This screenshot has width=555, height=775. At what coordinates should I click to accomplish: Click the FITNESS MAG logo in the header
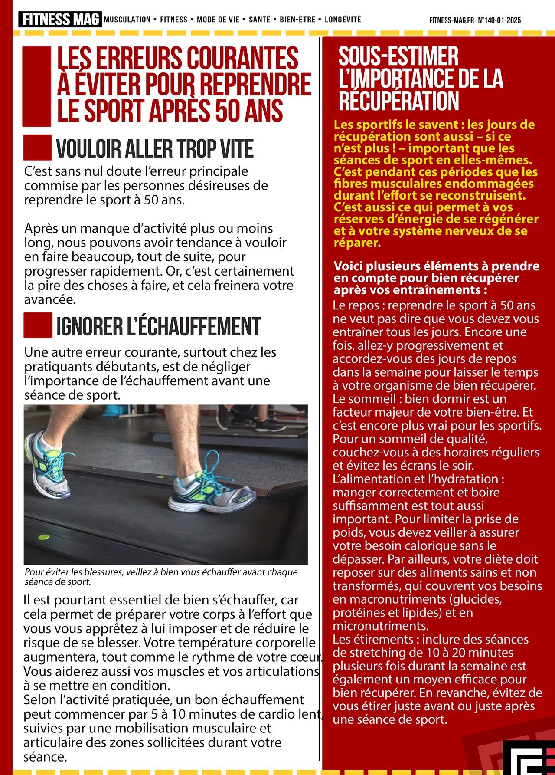60,20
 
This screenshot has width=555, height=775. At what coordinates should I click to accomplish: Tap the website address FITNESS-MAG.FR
451,20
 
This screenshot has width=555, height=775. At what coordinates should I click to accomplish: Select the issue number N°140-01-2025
499,20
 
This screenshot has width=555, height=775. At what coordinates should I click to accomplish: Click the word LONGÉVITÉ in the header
343,20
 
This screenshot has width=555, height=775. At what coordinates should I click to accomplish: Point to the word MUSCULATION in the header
127,20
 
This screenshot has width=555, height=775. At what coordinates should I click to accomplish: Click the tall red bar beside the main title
37,86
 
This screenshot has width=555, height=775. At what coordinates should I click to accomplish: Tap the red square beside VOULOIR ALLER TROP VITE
37,148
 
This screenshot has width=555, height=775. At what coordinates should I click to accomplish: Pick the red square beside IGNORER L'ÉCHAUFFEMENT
38,325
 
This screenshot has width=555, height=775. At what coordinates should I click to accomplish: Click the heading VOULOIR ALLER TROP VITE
155,149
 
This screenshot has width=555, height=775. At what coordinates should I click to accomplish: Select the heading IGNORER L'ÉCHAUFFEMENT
158,327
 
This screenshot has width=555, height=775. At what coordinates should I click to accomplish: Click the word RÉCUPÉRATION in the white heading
398,101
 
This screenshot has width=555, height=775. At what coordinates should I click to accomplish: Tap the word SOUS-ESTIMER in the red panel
398,56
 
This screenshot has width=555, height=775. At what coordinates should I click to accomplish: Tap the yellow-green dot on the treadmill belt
43,537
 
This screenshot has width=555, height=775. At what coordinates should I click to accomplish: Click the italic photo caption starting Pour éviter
161,577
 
